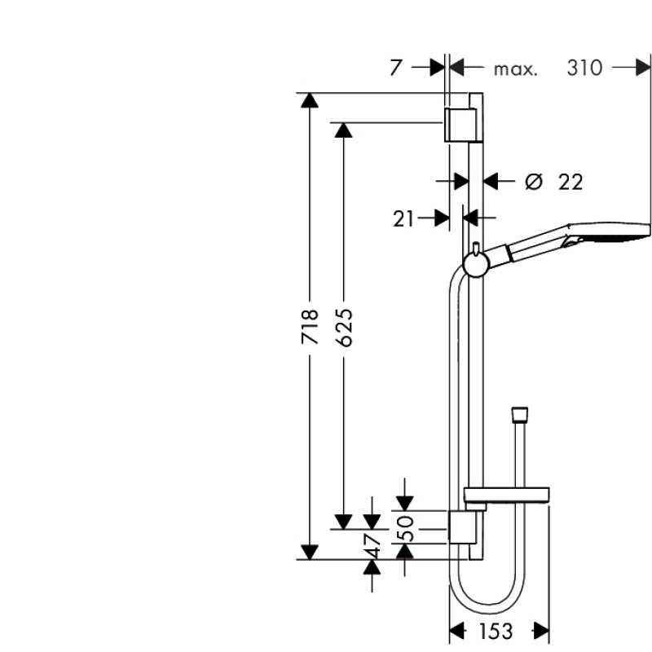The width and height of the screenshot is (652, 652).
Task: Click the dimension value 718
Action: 309,326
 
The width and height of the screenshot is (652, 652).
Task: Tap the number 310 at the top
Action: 584,68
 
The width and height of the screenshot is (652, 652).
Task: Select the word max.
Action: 515,68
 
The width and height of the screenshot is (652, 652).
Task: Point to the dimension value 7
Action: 395,68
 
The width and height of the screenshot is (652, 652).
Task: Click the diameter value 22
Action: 570,182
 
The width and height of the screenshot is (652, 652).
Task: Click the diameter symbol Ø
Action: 533,181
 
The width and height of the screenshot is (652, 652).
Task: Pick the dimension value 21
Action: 404,218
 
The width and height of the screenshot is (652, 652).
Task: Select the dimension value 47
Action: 372,545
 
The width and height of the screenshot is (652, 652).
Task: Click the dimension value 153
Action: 496,631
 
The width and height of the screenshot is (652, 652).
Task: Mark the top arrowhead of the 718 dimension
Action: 309,101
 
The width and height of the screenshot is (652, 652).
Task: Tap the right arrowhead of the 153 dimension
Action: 540,630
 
